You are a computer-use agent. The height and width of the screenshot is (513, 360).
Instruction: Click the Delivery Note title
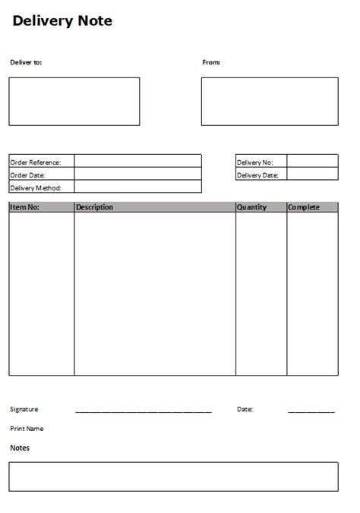[x=62, y=22]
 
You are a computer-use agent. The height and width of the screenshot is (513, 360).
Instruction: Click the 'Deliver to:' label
[x=26, y=62]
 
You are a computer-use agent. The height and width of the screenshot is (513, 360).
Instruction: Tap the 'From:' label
[x=211, y=62]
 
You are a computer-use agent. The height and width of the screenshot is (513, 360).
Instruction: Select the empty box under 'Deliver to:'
[x=74, y=101]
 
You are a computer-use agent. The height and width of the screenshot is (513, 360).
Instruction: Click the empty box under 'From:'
[x=270, y=101]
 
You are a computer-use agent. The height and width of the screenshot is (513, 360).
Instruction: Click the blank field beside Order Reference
[x=137, y=162]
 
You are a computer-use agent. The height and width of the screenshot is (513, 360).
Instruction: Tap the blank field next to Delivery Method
[x=137, y=187]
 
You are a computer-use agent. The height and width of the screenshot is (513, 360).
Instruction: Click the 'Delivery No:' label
[x=254, y=162]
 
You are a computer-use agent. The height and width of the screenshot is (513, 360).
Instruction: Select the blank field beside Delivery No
[x=312, y=162]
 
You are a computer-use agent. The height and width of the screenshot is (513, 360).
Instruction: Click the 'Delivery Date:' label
[x=257, y=175]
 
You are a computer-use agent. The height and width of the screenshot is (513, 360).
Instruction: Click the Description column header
[x=95, y=207]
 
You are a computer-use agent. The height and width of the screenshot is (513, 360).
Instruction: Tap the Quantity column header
[x=252, y=207]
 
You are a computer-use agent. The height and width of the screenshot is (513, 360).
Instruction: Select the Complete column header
[x=304, y=207]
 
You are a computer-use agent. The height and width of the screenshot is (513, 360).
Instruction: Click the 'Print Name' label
[x=27, y=429]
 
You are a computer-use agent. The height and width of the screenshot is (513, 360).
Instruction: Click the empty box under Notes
[x=173, y=477]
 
